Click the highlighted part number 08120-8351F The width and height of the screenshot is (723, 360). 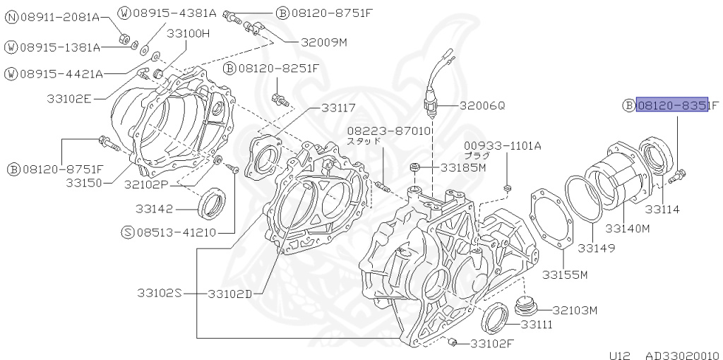[x=671, y=106]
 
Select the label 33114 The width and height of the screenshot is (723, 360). [x=662, y=210]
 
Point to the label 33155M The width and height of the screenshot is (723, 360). [x=565, y=275]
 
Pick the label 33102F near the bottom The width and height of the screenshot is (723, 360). [x=493, y=344]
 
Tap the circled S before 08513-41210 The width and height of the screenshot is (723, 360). [x=127, y=232]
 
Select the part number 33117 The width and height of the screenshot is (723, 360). [x=338, y=108]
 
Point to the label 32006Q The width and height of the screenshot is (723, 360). [x=482, y=105]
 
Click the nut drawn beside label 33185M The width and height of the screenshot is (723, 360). [x=416, y=168]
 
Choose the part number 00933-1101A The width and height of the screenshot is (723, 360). [x=502, y=146]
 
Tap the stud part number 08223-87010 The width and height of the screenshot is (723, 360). [x=388, y=131]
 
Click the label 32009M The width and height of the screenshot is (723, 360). [x=324, y=42]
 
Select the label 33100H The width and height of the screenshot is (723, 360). [x=189, y=33]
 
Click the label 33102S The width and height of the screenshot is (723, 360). [x=160, y=293]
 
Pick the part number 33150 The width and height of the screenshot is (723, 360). [x=85, y=183]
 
